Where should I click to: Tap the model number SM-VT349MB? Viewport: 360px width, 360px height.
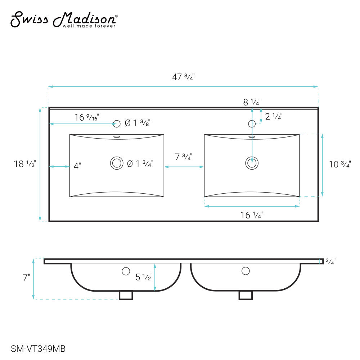(38, 349)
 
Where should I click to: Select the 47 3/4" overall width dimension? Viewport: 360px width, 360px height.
(183, 77)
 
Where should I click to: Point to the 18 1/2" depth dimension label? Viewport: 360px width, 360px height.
(25, 164)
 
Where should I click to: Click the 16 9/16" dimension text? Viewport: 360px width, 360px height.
(86, 117)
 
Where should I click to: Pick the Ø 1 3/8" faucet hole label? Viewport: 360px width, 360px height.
(138, 123)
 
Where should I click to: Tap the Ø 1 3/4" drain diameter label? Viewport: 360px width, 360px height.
(140, 164)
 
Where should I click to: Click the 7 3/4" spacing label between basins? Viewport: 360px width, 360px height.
(184, 157)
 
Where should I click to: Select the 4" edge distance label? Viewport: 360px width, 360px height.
(77, 166)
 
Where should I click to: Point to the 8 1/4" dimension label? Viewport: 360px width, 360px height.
(252, 102)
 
